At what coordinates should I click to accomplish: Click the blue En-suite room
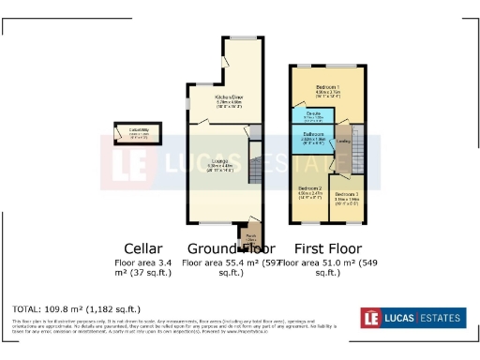coord(313,116)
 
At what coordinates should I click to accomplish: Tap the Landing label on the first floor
coord(343,142)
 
